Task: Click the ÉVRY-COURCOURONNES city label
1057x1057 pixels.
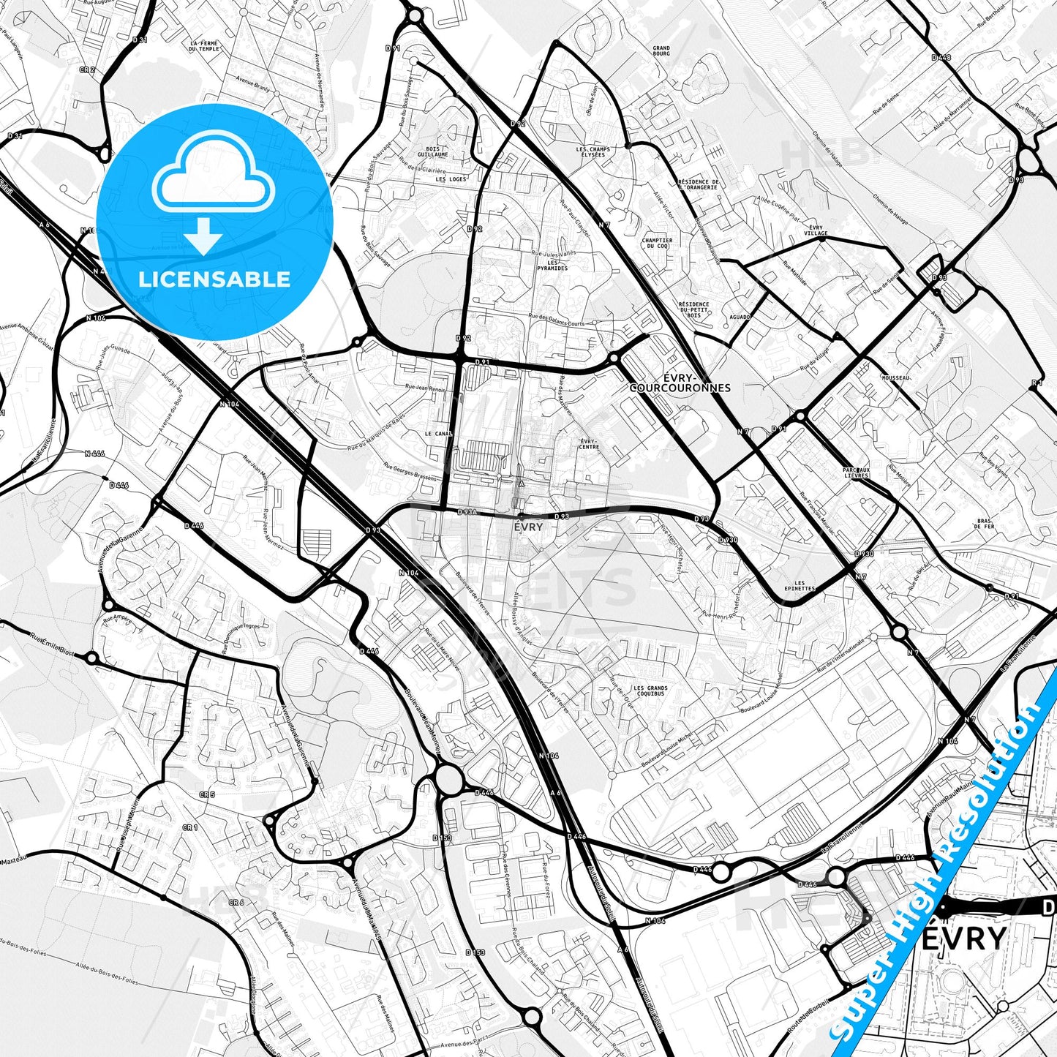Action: tap(680, 383)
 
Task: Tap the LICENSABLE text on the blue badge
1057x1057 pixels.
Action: tap(214, 279)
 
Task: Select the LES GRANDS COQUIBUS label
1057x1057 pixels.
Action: tap(650, 691)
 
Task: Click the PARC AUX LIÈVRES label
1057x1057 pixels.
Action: tap(856, 473)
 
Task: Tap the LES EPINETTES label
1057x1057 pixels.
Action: tap(799, 585)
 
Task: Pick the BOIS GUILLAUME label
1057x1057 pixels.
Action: tap(432, 152)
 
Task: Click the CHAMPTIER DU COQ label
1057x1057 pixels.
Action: tap(657, 243)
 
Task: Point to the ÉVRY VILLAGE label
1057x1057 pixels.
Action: tap(816, 230)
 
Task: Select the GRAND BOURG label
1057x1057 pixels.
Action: tap(661, 50)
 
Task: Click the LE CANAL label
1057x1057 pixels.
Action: tap(439, 433)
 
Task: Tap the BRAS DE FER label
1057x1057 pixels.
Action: tap(985, 524)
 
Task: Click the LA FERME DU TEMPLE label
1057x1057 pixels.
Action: tap(204, 46)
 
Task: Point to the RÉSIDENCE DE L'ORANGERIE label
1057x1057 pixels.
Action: tap(698, 184)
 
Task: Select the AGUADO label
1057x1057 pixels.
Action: tap(740, 317)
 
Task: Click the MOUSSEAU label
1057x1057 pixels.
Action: tap(895, 377)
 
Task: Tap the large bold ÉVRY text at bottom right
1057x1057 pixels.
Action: tap(964, 938)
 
